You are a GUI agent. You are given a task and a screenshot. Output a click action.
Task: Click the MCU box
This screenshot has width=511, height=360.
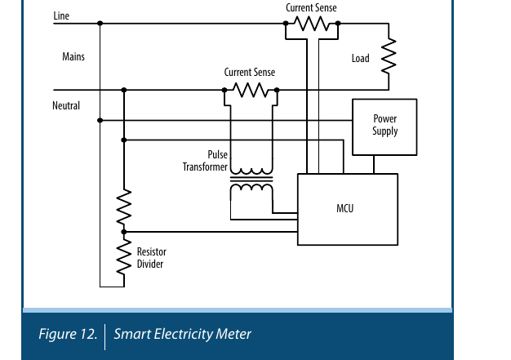[348, 209]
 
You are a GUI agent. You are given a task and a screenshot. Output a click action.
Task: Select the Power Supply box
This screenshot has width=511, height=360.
[384, 127]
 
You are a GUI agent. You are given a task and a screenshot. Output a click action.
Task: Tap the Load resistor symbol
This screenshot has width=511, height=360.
[389, 56]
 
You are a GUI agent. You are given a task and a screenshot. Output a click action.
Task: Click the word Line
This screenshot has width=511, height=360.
[61, 16]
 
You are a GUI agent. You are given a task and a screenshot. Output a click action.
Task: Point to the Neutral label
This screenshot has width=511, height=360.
[66, 105]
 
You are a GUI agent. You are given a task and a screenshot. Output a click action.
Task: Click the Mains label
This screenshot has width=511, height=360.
[73, 56]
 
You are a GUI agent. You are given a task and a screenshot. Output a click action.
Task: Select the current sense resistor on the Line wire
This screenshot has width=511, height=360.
[312, 24]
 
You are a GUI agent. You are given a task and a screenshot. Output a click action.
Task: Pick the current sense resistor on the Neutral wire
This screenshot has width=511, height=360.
[251, 90]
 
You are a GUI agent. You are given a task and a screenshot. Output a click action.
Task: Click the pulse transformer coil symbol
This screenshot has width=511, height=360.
[251, 179]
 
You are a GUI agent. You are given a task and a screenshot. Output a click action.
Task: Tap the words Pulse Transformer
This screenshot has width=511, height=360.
[205, 160]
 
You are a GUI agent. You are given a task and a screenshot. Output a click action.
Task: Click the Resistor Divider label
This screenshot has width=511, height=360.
[152, 258]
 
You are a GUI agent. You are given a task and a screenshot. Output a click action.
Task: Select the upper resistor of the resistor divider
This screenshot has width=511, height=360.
[124, 207]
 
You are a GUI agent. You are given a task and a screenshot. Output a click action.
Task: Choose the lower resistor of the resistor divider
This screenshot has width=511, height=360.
[124, 257]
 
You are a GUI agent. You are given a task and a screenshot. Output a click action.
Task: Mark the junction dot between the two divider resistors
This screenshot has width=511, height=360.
[124, 232]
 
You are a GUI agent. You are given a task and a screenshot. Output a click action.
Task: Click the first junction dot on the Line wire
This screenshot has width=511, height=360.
[100, 23]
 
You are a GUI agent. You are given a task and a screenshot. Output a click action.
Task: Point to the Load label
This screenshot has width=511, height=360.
[361, 58]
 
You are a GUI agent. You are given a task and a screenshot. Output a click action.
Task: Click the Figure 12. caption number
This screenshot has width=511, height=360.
[68, 334]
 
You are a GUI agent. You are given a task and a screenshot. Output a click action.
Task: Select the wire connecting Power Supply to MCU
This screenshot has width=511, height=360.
[374, 164]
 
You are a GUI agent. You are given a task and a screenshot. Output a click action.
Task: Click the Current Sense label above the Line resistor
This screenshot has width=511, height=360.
[311, 7]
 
